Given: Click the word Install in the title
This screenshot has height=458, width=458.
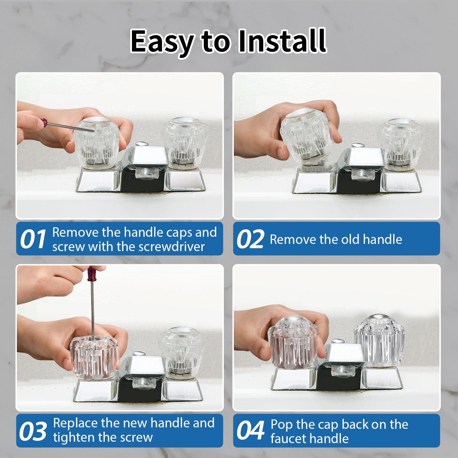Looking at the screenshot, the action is click(282, 41).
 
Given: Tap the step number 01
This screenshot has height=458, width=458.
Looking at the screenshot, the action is click(33, 239).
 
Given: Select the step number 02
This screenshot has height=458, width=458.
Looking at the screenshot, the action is click(250, 239).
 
